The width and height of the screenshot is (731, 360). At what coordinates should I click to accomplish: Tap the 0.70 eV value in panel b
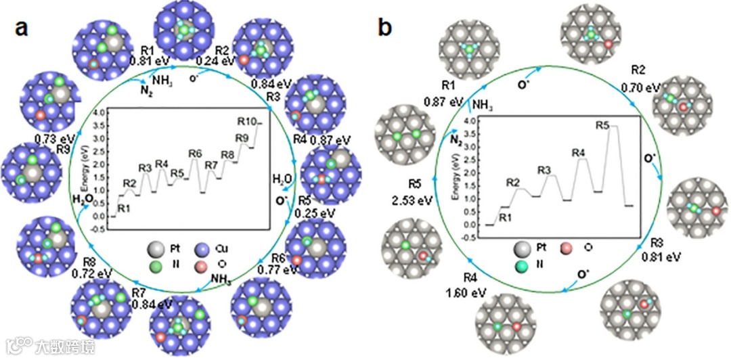click(x=640, y=87)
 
